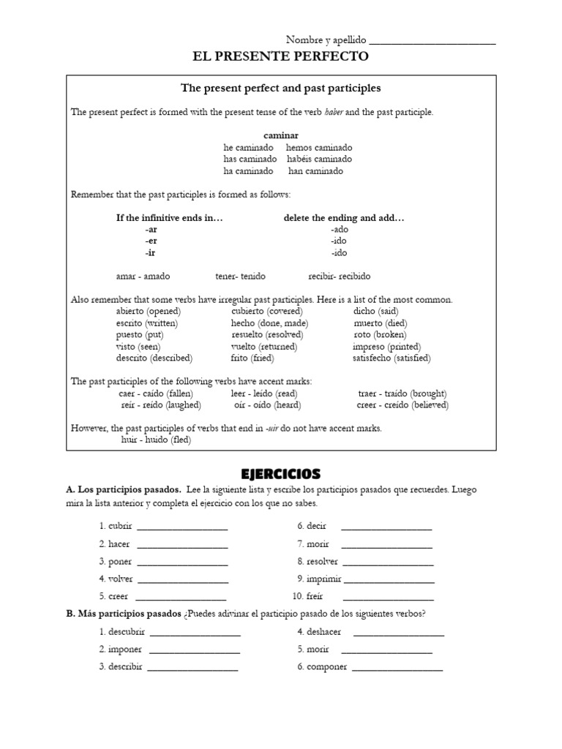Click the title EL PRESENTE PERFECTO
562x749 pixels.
click(x=280, y=56)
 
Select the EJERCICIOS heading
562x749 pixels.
click(x=280, y=474)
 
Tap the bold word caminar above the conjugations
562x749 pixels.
click(x=281, y=135)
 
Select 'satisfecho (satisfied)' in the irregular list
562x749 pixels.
click(x=391, y=358)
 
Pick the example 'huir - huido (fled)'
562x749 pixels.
click(x=156, y=440)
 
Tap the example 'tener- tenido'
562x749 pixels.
click(x=240, y=276)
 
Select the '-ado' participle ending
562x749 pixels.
click(x=339, y=229)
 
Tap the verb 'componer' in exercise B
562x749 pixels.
click(x=327, y=667)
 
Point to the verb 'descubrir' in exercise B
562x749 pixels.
click(x=127, y=632)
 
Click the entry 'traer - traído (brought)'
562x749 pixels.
click(x=402, y=393)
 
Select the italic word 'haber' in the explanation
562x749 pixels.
click(x=334, y=112)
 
